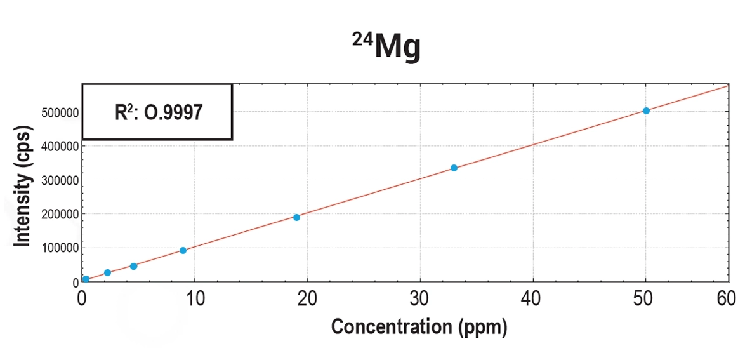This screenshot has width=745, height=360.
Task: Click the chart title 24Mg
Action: click(x=386, y=47)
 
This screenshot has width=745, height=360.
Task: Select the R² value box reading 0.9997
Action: click(x=157, y=112)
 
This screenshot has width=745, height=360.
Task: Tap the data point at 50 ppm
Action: click(x=646, y=110)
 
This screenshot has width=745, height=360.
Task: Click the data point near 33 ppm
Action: click(x=454, y=168)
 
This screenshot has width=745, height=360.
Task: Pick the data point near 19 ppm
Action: click(x=296, y=217)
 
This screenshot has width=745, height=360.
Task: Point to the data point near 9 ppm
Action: click(x=183, y=250)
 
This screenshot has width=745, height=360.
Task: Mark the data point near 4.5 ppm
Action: click(x=133, y=266)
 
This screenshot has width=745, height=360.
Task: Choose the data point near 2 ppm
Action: click(x=107, y=272)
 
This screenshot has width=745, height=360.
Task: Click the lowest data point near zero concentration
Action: click(x=86, y=279)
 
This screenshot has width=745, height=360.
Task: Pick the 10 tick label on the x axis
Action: click(x=194, y=298)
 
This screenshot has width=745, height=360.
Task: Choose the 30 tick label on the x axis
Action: click(x=420, y=298)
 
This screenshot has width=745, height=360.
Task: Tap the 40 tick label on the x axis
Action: click(x=532, y=298)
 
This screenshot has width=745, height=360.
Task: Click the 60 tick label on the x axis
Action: click(x=727, y=298)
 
